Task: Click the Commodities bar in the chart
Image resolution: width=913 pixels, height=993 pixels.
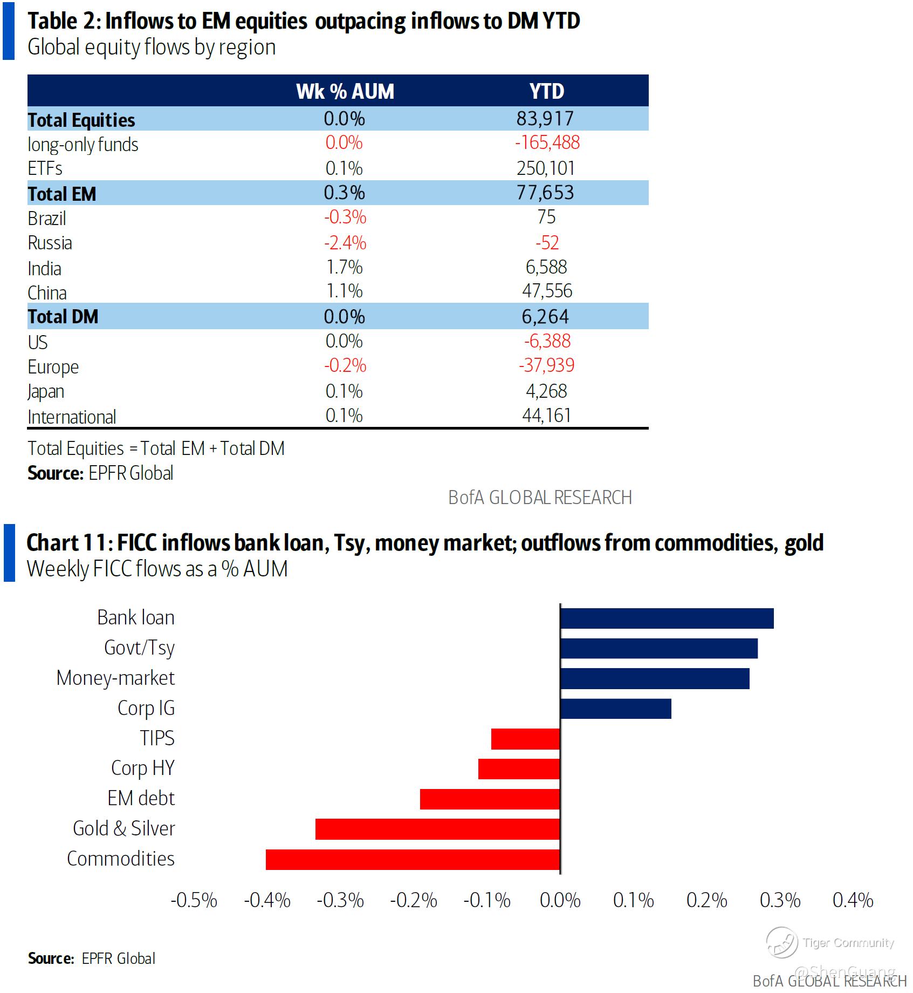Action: point(413,859)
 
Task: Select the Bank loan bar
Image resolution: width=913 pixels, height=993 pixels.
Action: point(667,618)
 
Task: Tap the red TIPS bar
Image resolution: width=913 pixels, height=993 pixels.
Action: point(525,739)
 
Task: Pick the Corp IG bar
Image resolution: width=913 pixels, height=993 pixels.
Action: point(616,709)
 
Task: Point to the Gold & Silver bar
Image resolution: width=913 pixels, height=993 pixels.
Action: point(437,829)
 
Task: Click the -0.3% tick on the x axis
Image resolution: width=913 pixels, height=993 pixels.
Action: point(340,900)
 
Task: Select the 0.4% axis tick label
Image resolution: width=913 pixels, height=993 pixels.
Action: point(853,900)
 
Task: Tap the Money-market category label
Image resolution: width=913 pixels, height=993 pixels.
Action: point(115,678)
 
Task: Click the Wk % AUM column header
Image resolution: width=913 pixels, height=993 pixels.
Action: point(345,91)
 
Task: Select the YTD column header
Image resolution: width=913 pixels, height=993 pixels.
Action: point(547,91)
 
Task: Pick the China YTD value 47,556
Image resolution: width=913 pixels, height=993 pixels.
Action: point(547,291)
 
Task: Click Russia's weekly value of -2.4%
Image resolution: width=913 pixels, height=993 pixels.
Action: point(345,243)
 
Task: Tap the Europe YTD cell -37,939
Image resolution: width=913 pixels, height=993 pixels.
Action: point(547,366)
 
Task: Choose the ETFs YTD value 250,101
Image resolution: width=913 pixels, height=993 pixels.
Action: point(546,168)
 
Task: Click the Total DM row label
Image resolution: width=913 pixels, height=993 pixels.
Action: point(63,317)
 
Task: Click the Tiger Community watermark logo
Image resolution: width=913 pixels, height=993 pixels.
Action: point(781,942)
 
